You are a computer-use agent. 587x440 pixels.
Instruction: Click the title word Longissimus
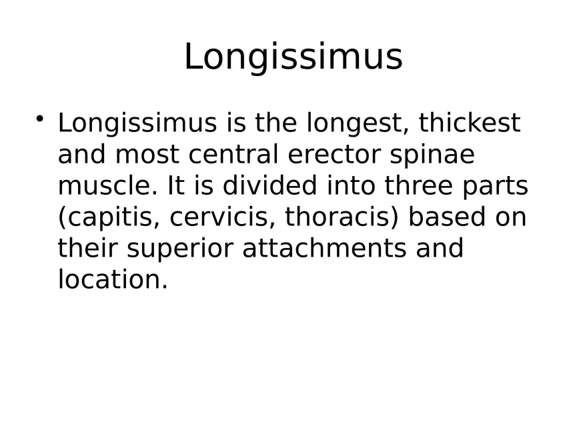[x=293, y=57]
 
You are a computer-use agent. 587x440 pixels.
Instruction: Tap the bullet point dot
[x=40, y=119]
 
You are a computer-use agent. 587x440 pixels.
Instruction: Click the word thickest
[x=470, y=123]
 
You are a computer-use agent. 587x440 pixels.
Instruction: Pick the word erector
[x=335, y=155]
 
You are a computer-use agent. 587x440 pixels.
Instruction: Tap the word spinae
[x=432, y=155]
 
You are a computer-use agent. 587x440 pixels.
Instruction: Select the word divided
[x=270, y=185]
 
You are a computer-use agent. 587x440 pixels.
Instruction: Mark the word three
[x=419, y=185]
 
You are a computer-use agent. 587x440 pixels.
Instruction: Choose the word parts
[x=495, y=187]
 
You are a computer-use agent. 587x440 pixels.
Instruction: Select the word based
[x=448, y=217]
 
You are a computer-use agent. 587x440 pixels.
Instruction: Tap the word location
[x=113, y=279]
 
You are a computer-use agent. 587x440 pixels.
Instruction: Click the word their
[x=88, y=248]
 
